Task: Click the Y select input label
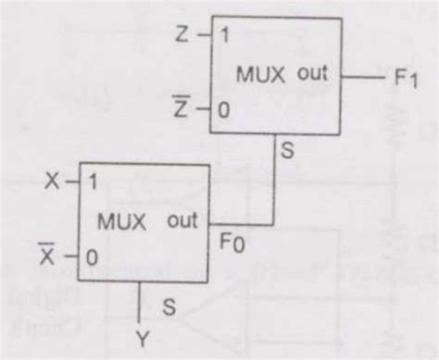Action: [142, 341]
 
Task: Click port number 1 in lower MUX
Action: [93, 183]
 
